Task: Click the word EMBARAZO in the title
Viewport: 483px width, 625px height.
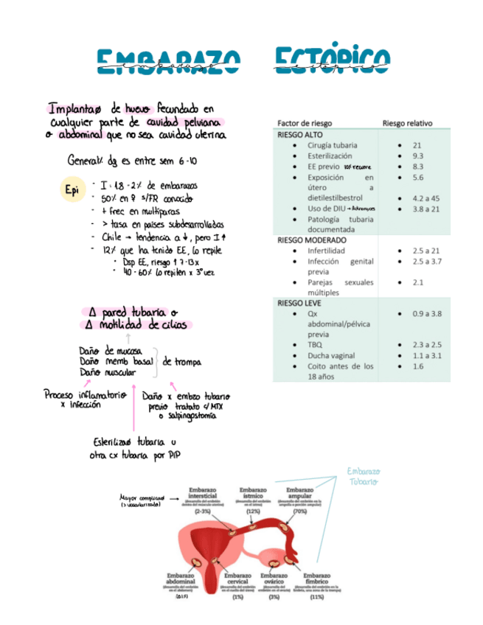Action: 169,62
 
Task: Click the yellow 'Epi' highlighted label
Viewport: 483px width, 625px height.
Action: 72,191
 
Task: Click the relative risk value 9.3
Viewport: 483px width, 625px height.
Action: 418,156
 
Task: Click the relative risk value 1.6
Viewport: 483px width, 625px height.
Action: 418,366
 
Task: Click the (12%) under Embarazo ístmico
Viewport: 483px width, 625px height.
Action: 254,511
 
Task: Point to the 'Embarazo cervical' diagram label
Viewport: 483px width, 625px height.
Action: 238,579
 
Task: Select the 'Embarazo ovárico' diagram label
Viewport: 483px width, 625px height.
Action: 274,579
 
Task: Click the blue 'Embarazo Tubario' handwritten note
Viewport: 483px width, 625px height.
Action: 362,476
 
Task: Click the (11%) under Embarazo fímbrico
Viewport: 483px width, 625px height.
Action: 317,598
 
